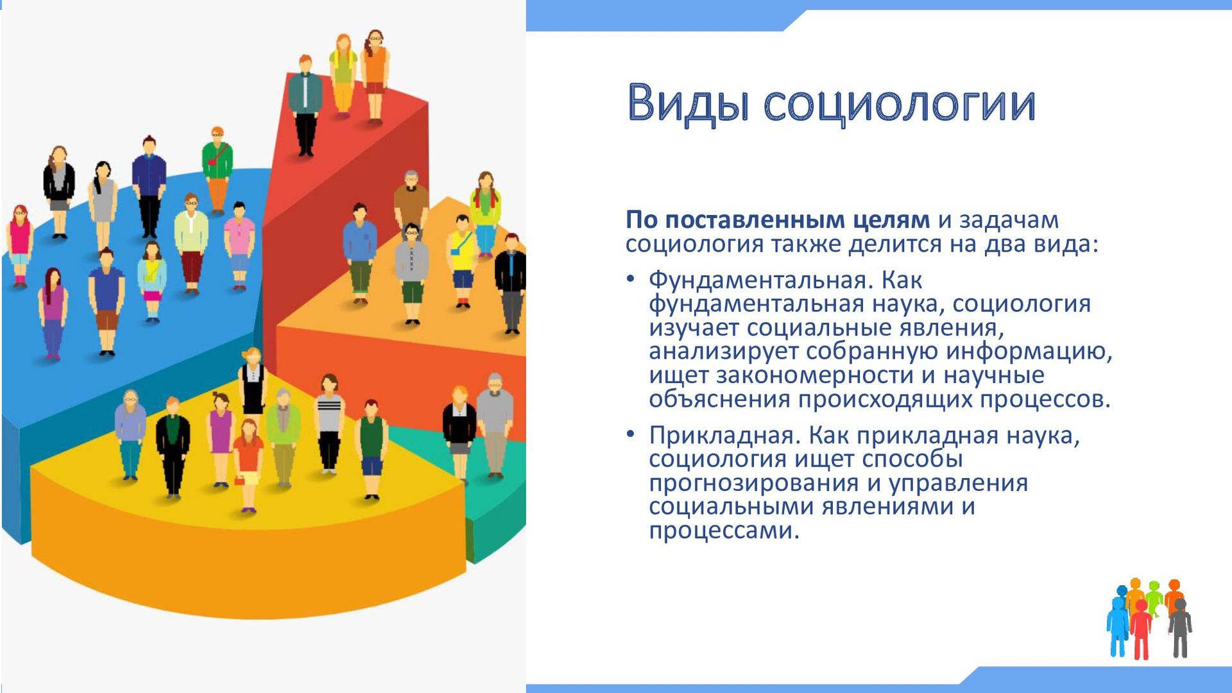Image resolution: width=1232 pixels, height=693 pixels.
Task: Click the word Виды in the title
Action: coord(688,103)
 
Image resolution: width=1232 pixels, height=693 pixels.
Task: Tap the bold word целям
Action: coord(891,221)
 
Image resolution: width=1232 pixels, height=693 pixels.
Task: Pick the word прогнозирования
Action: coord(754,483)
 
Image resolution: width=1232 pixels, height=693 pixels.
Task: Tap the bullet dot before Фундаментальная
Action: coord(631,279)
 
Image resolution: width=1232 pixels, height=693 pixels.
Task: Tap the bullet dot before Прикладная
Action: coord(631,434)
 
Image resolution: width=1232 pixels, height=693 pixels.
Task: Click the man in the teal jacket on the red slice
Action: coord(305,106)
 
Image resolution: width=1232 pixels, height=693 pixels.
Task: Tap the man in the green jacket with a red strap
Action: coord(218,170)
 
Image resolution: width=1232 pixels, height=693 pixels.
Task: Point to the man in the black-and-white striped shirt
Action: coord(329,424)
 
